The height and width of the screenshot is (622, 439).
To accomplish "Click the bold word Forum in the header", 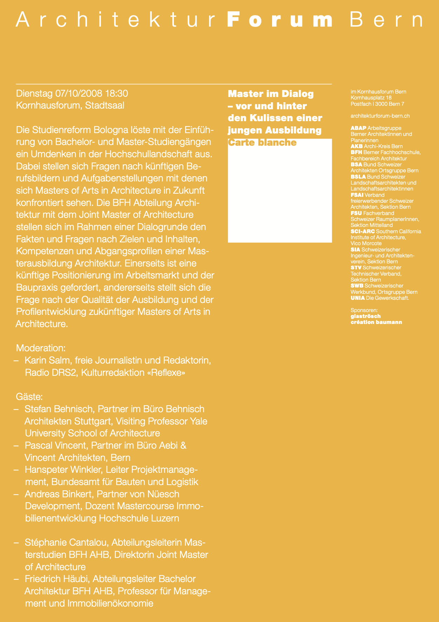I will [280, 20].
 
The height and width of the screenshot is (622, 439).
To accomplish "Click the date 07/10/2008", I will [79, 94].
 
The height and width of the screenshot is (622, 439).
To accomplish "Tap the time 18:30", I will [116, 94].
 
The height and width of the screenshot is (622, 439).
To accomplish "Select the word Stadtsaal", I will [104, 105].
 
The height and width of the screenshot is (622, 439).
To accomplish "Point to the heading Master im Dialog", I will [271, 94].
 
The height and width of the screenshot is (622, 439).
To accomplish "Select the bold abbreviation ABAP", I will [358, 128].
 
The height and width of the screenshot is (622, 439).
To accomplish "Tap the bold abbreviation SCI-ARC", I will [363, 231].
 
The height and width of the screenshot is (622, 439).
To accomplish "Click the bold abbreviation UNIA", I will [358, 298].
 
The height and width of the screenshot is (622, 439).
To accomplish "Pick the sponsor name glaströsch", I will [366, 316].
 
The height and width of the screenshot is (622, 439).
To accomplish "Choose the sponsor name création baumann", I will [376, 322].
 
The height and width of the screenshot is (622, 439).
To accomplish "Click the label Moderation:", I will [41, 348].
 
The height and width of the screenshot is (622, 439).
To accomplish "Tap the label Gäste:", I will [29, 397].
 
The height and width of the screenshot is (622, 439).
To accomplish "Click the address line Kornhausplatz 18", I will [371, 98].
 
